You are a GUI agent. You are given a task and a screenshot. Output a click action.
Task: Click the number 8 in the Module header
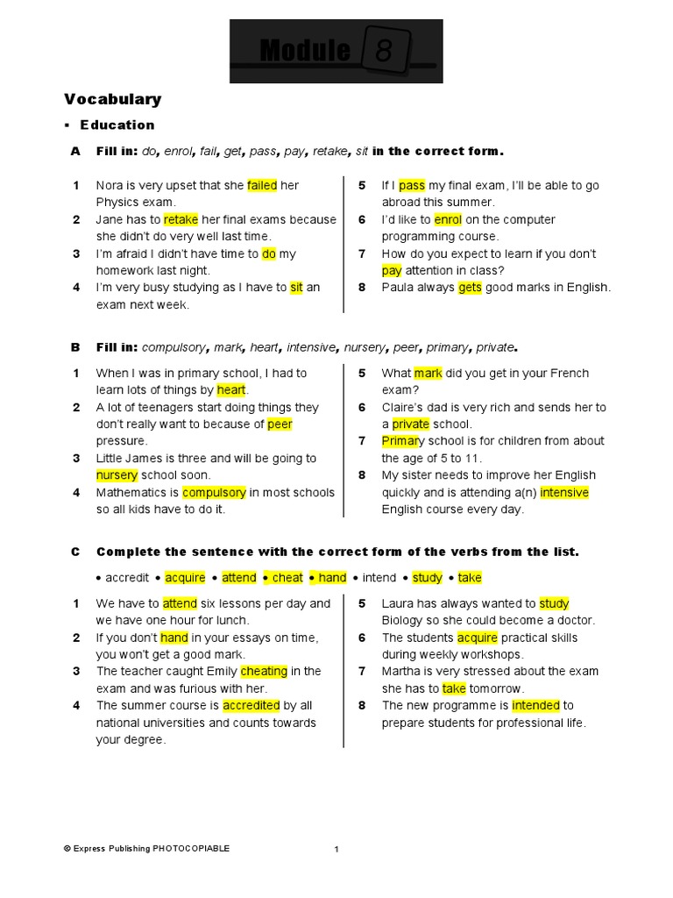(384, 52)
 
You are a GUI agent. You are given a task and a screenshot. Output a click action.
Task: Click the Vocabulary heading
(112, 99)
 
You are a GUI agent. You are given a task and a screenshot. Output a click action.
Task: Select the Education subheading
(117, 125)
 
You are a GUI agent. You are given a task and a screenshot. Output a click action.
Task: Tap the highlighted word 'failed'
(262, 185)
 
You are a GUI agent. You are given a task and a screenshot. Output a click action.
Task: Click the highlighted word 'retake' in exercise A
(181, 219)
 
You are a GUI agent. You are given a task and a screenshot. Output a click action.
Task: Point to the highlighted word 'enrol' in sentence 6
(448, 219)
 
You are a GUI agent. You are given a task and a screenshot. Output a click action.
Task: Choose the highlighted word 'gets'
(470, 288)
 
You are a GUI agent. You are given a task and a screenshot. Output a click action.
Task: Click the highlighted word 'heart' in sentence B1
(231, 390)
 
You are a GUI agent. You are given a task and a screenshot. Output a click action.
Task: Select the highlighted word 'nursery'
(117, 475)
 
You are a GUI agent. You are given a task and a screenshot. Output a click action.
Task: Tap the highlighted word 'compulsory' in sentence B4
(214, 493)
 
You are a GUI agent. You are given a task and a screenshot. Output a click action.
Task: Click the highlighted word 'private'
(410, 424)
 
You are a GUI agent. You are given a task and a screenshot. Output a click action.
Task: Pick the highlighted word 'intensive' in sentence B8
(564, 493)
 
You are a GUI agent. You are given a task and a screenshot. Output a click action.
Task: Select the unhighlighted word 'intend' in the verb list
(379, 578)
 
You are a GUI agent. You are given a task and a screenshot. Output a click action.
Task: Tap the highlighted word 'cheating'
(264, 672)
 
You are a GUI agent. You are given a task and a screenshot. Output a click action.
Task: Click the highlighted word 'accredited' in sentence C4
(251, 706)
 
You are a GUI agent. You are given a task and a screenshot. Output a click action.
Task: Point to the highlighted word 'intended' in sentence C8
(535, 706)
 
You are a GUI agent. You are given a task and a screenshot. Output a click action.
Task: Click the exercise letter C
(75, 552)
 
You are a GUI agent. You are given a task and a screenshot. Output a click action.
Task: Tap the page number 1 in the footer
(336, 849)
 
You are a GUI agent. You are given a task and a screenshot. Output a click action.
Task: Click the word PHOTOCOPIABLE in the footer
(191, 848)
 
